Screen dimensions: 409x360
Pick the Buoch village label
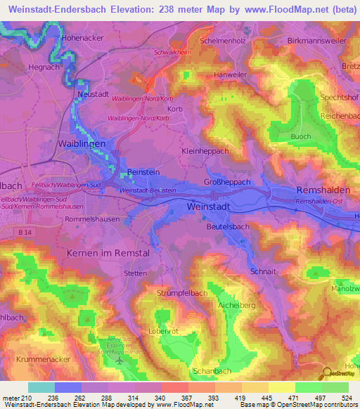tap(300, 136)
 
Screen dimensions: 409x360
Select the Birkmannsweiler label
tap(316, 41)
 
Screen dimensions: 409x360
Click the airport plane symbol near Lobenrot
tap(119, 361)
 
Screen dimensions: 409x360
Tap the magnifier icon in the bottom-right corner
tap(326, 372)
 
